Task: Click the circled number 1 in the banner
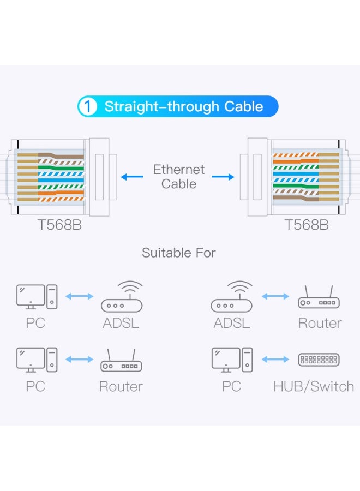(88, 106)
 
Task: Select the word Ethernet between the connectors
(178, 170)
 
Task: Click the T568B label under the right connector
(307, 225)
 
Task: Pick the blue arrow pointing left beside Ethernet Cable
(131, 177)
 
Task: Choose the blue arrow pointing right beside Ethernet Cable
(223, 177)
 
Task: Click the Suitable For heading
(179, 253)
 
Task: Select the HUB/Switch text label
(314, 387)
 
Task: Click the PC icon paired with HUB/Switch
(232, 360)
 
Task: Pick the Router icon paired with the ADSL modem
(319, 300)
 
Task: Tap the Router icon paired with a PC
(121, 362)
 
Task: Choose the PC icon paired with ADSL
(36, 297)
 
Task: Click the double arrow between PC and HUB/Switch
(275, 360)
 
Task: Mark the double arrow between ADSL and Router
(275, 296)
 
